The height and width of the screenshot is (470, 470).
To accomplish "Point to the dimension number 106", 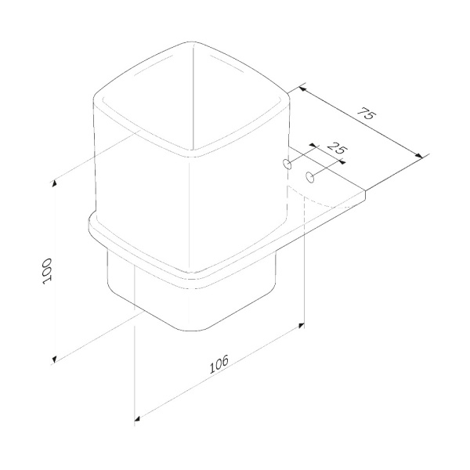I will (219, 363).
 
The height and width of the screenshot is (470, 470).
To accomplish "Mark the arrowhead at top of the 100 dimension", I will (55, 183).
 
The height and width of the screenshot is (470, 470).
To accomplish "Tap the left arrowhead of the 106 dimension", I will (138, 417).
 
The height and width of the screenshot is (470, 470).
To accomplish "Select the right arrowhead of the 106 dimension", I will (302, 324).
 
